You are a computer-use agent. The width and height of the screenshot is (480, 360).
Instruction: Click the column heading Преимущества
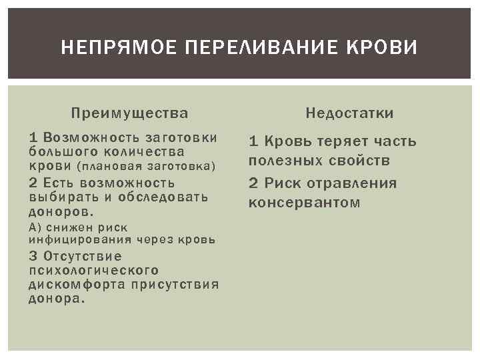pyautogui.click(x=130, y=113)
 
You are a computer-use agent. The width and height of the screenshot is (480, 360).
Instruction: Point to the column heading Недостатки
pyautogui.click(x=349, y=113)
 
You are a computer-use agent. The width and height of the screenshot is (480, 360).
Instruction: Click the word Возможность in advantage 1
pyautogui.click(x=84, y=137)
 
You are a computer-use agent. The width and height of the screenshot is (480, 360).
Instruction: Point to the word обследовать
pyautogui.click(x=164, y=197)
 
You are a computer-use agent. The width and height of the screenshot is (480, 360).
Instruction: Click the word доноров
pyautogui.click(x=61, y=211)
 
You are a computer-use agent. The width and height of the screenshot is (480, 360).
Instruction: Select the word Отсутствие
pyautogui.click(x=83, y=257)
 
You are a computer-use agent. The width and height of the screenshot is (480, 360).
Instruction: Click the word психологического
pyautogui.click(x=94, y=271)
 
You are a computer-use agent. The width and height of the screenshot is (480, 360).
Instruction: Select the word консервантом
pyautogui.click(x=304, y=202)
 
